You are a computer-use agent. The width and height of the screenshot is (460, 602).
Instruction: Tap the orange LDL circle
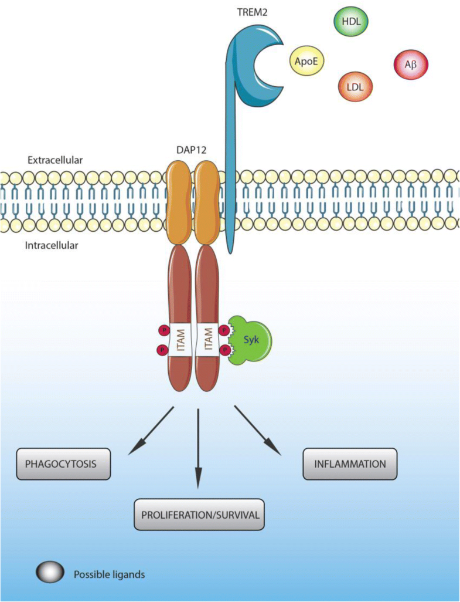[355, 86]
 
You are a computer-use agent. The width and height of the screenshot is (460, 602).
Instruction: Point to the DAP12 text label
[191, 151]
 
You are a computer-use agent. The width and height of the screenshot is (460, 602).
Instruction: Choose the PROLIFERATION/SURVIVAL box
[199, 515]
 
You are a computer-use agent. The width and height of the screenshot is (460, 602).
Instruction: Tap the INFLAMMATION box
[350, 464]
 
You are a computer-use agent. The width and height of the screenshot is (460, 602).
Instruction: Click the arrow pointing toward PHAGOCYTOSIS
[151, 429]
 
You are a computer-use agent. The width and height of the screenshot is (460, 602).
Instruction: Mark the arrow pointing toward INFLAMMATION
[258, 429]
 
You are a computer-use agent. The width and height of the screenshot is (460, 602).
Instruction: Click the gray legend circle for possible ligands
[50, 574]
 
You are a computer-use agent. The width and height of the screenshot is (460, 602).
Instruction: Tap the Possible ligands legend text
[109, 574]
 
